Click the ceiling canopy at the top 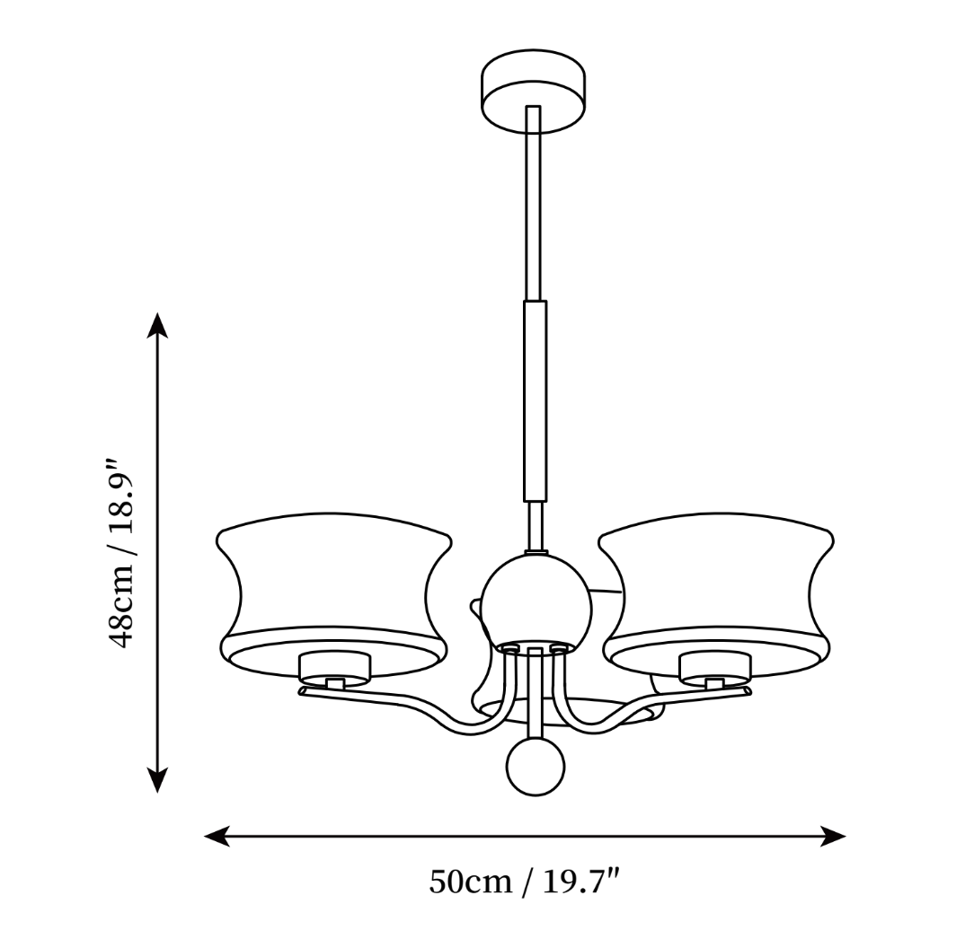pos(534,91)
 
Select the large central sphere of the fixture pos(535,601)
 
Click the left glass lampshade pos(333,595)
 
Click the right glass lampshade pos(716,595)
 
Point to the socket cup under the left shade pos(334,666)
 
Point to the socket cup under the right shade pos(715,666)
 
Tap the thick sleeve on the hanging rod pos(536,401)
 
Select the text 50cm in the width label pos(470,882)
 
